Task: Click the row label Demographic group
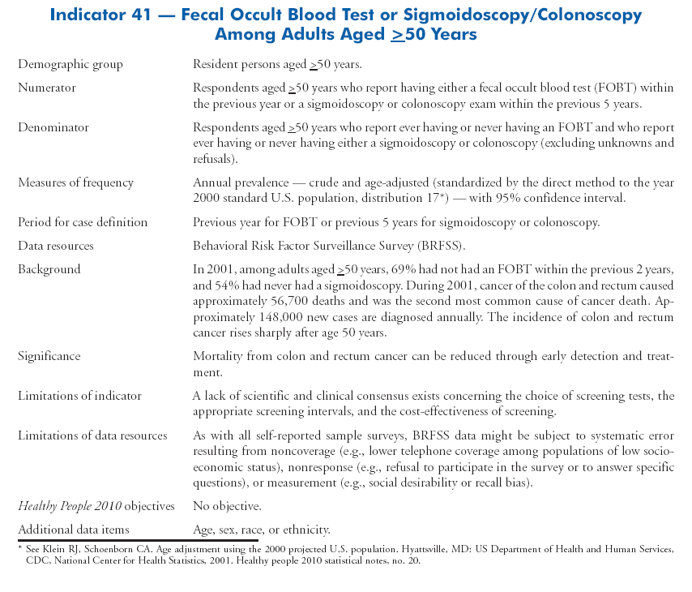coord(70,64)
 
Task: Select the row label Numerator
coord(47,88)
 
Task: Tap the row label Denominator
coord(53,127)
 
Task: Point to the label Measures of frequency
coord(75,182)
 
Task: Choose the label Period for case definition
coord(83,222)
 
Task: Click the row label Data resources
coord(56,246)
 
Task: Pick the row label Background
coord(49,269)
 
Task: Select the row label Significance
coord(49,356)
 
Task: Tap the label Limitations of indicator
coord(79,396)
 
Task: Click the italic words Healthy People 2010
coord(70,507)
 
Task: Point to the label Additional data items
coord(74,530)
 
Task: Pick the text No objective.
coord(227,507)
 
